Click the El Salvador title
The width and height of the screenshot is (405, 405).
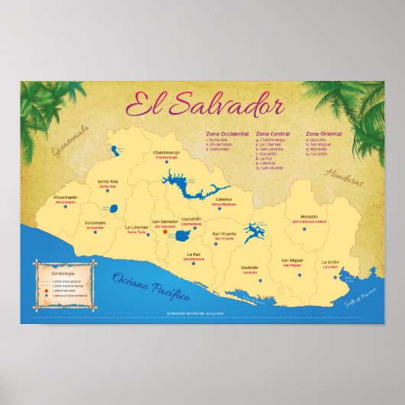click(204, 105)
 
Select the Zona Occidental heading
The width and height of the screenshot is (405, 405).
click(227, 134)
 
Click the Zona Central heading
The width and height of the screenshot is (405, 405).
click(274, 134)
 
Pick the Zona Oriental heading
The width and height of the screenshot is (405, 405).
click(323, 134)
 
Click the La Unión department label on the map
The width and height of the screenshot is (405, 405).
click(329, 262)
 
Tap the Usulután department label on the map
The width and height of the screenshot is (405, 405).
click(250, 267)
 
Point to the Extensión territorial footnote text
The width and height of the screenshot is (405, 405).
click(202, 314)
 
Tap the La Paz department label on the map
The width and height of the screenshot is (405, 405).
click(193, 254)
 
